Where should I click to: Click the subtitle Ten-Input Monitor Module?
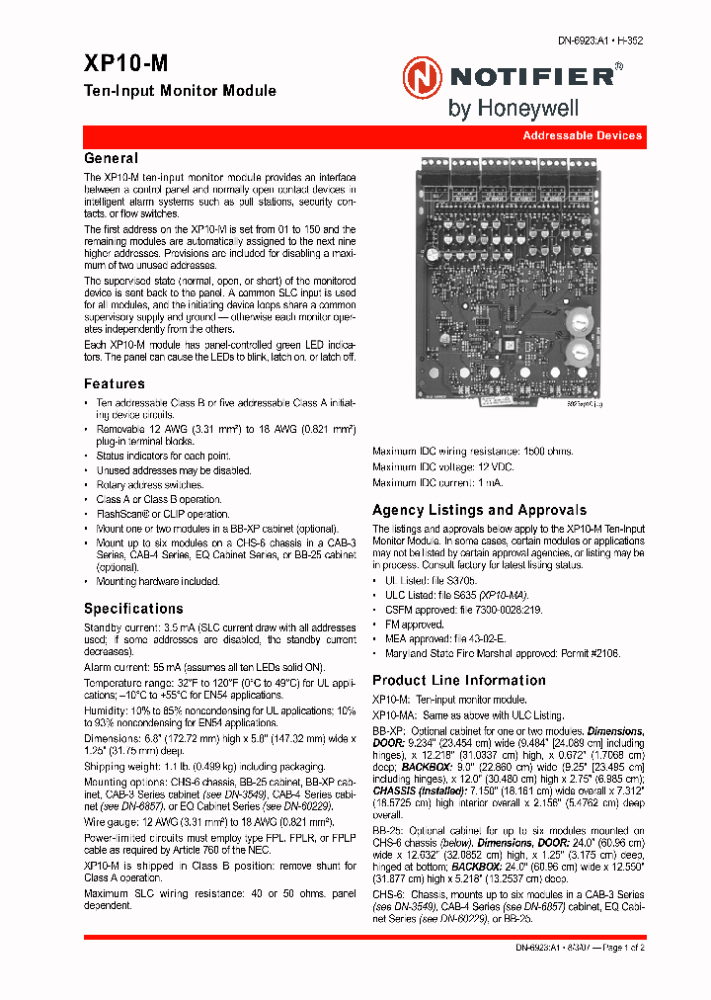(180, 91)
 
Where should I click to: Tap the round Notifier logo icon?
(422, 76)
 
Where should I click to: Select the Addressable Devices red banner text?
(582, 135)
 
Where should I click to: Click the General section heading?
(111, 158)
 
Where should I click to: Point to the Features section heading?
(115, 383)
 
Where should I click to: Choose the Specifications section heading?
(133, 609)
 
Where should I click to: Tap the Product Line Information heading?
(458, 680)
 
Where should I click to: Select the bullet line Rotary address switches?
(149, 485)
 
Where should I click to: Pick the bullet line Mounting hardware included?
(157, 582)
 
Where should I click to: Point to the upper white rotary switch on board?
(578, 323)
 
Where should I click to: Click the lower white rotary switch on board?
(578, 353)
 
